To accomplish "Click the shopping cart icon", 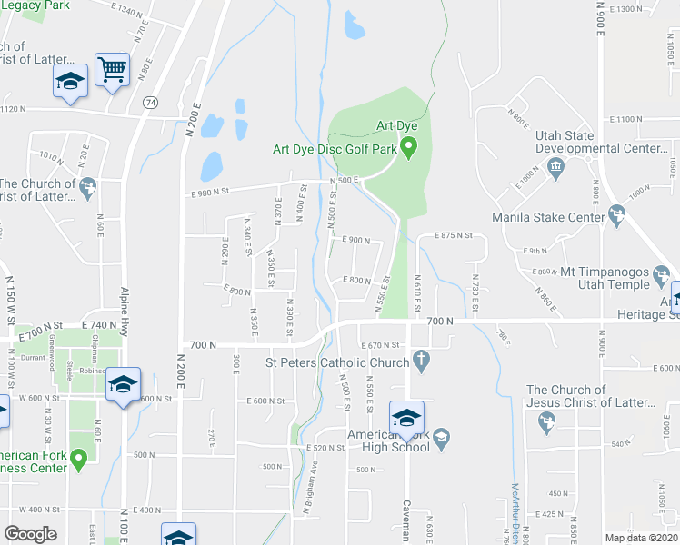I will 112,69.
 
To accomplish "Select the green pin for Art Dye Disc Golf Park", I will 409,145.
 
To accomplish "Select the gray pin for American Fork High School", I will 441,440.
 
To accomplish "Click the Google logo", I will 31,534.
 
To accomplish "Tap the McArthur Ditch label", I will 514,513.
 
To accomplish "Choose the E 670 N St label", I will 380,345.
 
